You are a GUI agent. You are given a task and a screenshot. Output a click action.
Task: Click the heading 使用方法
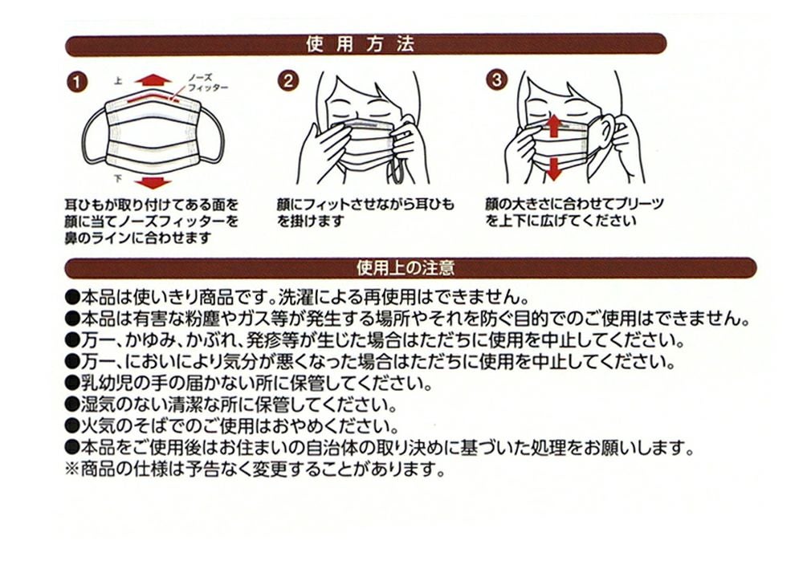tap(361, 44)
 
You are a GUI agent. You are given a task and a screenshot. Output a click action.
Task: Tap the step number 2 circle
tap(289, 81)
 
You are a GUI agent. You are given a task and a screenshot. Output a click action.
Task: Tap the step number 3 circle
tap(499, 81)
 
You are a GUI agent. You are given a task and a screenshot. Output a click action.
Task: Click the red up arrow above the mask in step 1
tap(153, 79)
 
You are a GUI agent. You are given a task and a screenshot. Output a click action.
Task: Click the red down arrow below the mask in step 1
tap(153, 181)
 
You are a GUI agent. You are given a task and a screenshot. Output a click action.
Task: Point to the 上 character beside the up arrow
tap(118, 80)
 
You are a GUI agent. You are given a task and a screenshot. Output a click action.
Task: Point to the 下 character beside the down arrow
tap(118, 177)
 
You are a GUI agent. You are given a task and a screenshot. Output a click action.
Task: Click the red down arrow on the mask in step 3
tap(552, 168)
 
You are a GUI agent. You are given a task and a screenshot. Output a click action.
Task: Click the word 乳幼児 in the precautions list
tap(104, 380)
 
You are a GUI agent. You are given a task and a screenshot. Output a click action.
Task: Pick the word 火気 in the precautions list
tap(96, 425)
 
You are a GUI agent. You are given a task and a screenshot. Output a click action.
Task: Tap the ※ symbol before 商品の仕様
tap(70, 469)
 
